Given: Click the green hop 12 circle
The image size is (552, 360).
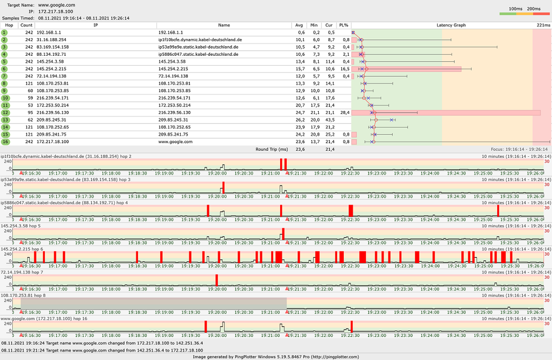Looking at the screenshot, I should coord(4,112).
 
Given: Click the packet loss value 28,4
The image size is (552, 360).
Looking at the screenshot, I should coord(344,112).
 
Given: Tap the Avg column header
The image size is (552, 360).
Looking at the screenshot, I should coord(299,25).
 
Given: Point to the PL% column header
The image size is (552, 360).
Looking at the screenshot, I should coord(344,25).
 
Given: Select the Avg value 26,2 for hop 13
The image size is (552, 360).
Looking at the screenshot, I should coord(300,119).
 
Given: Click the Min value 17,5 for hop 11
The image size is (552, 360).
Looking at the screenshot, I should coord(314,105).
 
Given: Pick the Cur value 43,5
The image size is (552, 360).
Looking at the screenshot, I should coord(330,119).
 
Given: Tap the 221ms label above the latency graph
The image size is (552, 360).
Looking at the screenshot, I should coord(543,25).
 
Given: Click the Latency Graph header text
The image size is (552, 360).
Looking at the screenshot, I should coord(451,25).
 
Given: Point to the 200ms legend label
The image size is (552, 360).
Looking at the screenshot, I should coord(534,9).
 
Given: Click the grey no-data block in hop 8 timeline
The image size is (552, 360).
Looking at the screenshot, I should coord(149,303).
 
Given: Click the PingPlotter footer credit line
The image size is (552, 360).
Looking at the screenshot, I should coord(276,357).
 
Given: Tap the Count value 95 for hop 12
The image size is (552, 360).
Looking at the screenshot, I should coord(29,112).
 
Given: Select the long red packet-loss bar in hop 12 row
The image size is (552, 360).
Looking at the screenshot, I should coord(446,113).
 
